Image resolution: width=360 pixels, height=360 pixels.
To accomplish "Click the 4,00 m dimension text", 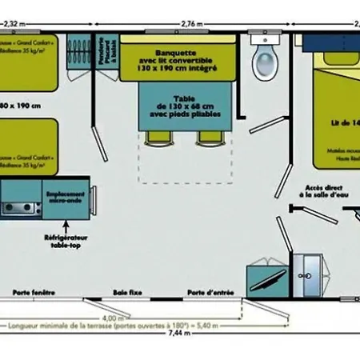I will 120,319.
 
